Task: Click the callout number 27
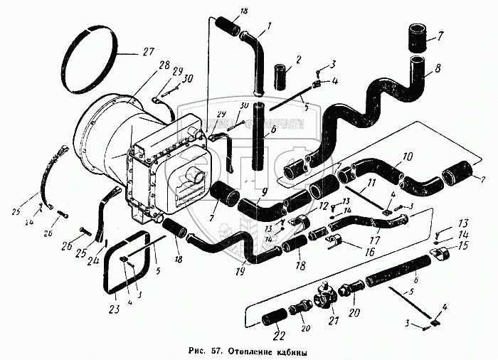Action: click(x=147, y=51)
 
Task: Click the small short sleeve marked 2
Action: click(x=279, y=74)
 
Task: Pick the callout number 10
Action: click(x=408, y=157)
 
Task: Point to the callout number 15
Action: click(x=465, y=247)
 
